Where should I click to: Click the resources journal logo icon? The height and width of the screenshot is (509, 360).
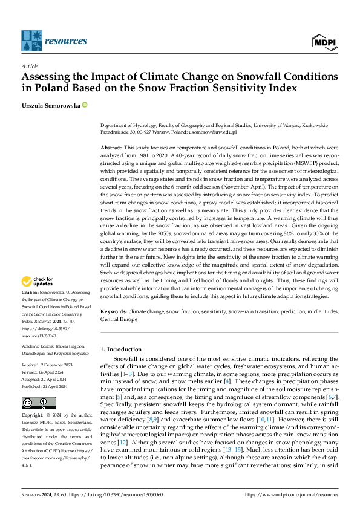[31, 40]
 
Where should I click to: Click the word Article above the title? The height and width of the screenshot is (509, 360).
[30, 66]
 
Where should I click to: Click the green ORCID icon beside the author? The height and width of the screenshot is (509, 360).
[85, 105]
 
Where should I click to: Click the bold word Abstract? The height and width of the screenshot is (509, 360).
[112, 148]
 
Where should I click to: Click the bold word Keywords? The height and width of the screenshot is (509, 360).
[114, 311]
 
